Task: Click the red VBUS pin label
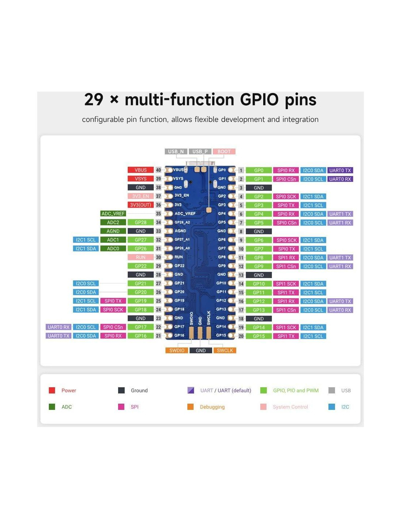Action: (x=140, y=170)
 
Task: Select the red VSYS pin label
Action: (x=140, y=179)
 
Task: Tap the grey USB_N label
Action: (x=176, y=151)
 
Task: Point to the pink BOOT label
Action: (x=224, y=151)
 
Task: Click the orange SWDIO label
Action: (x=177, y=350)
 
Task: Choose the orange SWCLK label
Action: (x=225, y=350)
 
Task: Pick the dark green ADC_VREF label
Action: (x=113, y=214)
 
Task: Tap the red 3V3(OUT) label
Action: (x=140, y=205)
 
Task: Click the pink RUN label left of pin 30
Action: (x=140, y=257)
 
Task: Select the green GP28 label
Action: (x=140, y=222)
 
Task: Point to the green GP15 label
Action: (x=259, y=336)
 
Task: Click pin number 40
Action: (x=158, y=170)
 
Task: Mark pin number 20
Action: (x=241, y=336)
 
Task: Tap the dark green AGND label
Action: (x=113, y=231)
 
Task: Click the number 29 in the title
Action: (x=94, y=100)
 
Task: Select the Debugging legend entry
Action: (x=212, y=407)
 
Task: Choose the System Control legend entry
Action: (x=290, y=407)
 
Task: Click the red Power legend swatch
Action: (x=52, y=391)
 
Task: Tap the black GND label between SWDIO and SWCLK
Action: (x=200, y=350)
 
